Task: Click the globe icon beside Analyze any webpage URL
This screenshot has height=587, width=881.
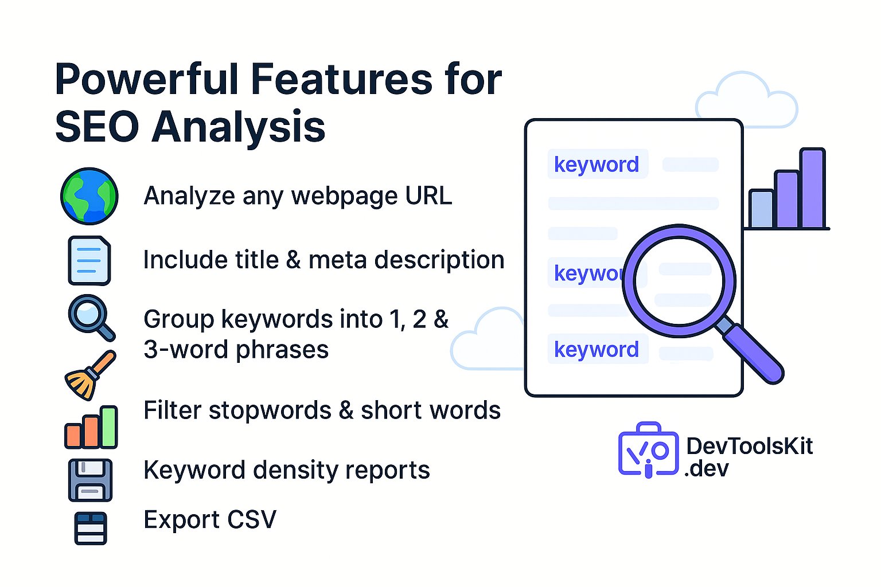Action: pyautogui.click(x=89, y=196)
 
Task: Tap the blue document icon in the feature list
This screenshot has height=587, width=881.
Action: pyautogui.click(x=89, y=260)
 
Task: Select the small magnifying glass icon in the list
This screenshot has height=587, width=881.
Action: pyautogui.click(x=89, y=315)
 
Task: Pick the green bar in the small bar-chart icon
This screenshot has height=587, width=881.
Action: pyautogui.click(x=108, y=427)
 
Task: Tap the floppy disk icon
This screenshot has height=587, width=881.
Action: pyautogui.click(x=90, y=480)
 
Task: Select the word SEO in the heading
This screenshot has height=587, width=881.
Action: pyautogui.click(x=97, y=127)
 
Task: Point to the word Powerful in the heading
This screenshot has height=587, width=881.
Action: pyautogui.click(x=146, y=79)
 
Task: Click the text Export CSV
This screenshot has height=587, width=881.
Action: pyautogui.click(x=210, y=520)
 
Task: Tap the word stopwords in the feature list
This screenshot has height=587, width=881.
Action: pyautogui.click(x=270, y=410)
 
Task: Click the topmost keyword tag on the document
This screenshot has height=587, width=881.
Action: pyautogui.click(x=597, y=165)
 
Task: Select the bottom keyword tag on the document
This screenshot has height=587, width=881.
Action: pyautogui.click(x=597, y=349)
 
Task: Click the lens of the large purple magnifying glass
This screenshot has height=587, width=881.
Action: pyautogui.click(x=680, y=281)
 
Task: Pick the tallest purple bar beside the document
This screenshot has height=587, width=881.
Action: pyautogui.click(x=812, y=189)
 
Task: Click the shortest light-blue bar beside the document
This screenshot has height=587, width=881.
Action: pyautogui.click(x=761, y=209)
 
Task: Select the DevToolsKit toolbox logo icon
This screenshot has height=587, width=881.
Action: pyautogui.click(x=648, y=451)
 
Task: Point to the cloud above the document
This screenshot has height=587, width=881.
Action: pyautogui.click(x=746, y=100)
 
